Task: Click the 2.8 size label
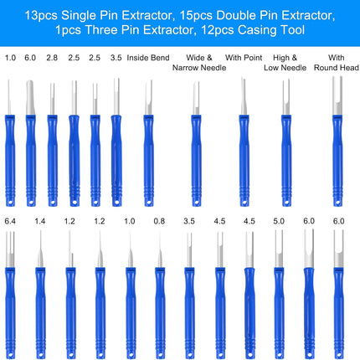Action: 52,58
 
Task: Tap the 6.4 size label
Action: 10,221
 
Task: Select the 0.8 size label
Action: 159,221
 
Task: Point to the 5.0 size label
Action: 279,221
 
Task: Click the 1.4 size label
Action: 40,221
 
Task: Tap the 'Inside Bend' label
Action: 148,58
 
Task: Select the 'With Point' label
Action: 244,58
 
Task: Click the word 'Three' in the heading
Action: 100,30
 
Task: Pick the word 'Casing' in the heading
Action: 255,30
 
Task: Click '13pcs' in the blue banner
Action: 41,15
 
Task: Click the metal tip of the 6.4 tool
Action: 10,249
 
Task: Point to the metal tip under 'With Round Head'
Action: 337,95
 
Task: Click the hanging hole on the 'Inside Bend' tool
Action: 148,202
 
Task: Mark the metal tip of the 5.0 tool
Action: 279,249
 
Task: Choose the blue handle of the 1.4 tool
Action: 40,313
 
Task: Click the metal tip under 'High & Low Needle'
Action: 286,97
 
